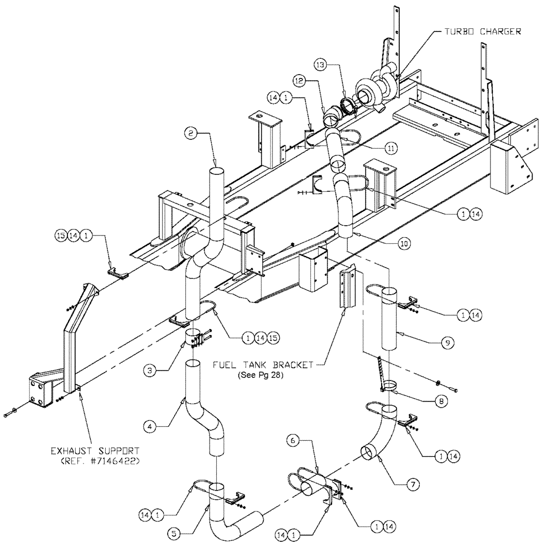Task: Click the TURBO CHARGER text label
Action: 481,32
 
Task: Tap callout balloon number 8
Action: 439,403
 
